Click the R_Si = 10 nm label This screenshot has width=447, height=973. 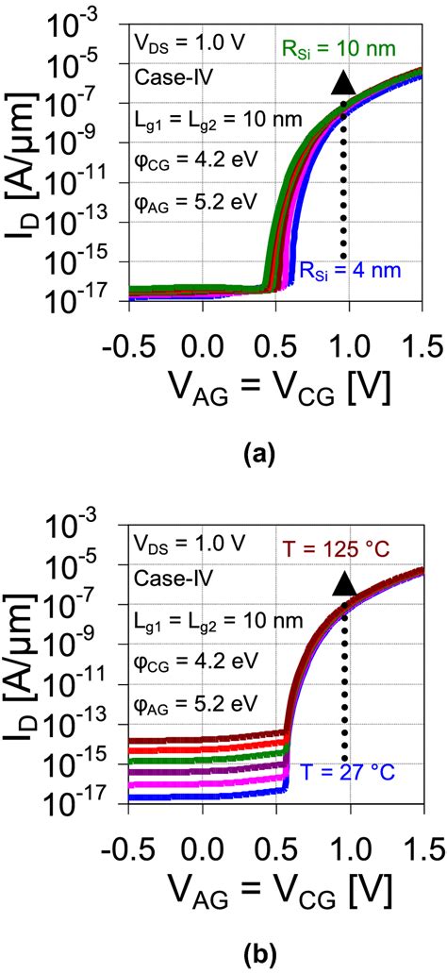coord(354,47)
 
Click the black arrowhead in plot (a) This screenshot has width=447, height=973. coord(343,84)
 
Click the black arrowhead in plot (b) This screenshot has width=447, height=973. coord(343,585)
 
